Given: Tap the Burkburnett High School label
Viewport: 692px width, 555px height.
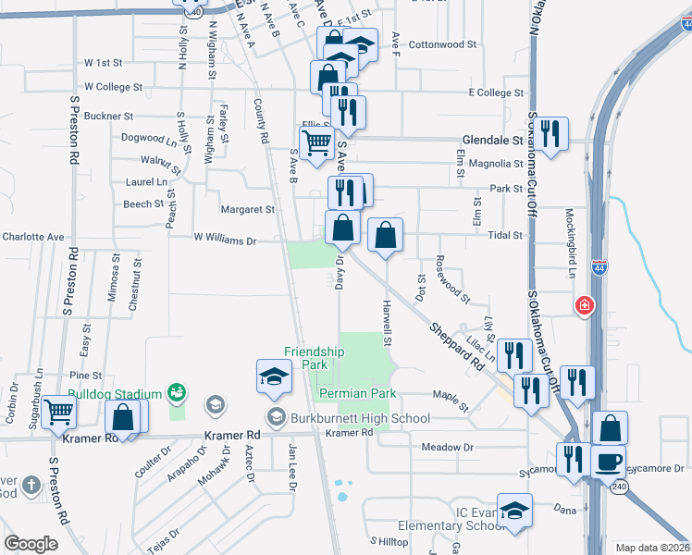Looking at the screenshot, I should (x=361, y=418).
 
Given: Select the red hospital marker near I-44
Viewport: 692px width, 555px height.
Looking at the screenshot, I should (x=584, y=305).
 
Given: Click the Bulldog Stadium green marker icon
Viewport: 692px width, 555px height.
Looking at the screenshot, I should (x=176, y=394).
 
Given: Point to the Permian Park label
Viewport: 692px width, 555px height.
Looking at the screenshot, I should (x=357, y=393).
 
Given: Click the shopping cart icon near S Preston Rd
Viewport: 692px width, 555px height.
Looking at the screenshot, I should (x=58, y=412).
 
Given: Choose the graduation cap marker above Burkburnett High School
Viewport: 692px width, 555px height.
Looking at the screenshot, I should (x=274, y=376).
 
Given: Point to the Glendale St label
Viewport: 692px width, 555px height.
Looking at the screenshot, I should (x=491, y=141).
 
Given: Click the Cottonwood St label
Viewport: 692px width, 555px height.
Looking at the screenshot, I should (x=442, y=43).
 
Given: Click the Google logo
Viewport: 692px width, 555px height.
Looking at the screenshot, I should (x=31, y=544).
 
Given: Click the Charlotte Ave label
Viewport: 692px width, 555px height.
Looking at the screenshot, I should (x=32, y=237).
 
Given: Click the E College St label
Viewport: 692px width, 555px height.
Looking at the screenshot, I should (x=497, y=92).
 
